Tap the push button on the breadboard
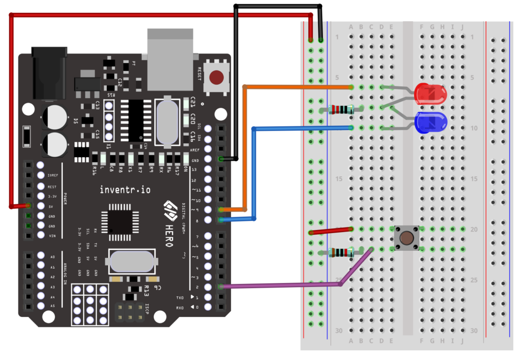[x=406, y=238]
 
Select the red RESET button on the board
[x=216, y=78]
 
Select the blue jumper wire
[x=254, y=175]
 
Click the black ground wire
[x=235, y=77]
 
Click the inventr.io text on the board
[x=125, y=190]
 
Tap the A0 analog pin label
[x=52, y=256]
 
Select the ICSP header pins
[x=130, y=312]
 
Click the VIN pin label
[x=52, y=236]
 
